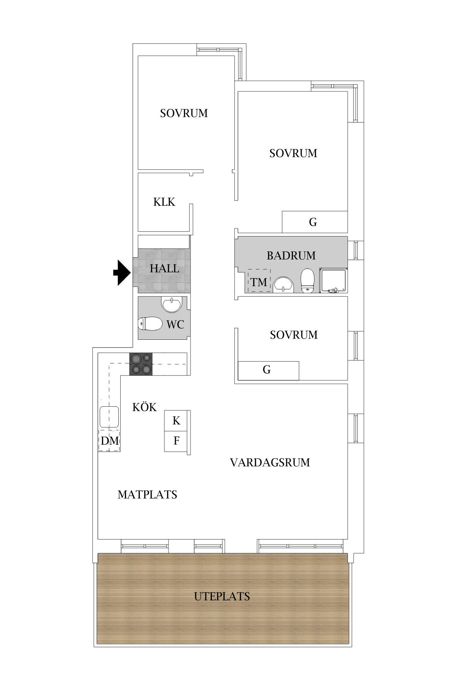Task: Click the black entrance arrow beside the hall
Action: [122, 273]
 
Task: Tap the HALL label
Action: [164, 268]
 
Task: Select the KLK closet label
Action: [164, 202]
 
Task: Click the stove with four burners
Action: [141, 364]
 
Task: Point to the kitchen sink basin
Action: [109, 417]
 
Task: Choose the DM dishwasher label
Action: [110, 441]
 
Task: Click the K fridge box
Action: [176, 421]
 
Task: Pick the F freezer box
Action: [176, 441]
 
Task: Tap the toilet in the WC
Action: [150, 324]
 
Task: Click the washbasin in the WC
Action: [171, 304]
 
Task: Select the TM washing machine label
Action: [259, 282]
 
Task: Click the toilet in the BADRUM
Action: [308, 281]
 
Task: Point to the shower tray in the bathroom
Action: [333, 280]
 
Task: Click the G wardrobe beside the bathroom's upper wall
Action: [315, 222]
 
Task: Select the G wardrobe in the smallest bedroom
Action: [268, 371]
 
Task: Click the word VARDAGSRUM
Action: [270, 462]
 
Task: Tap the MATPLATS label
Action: [147, 495]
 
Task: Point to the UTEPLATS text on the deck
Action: [222, 596]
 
